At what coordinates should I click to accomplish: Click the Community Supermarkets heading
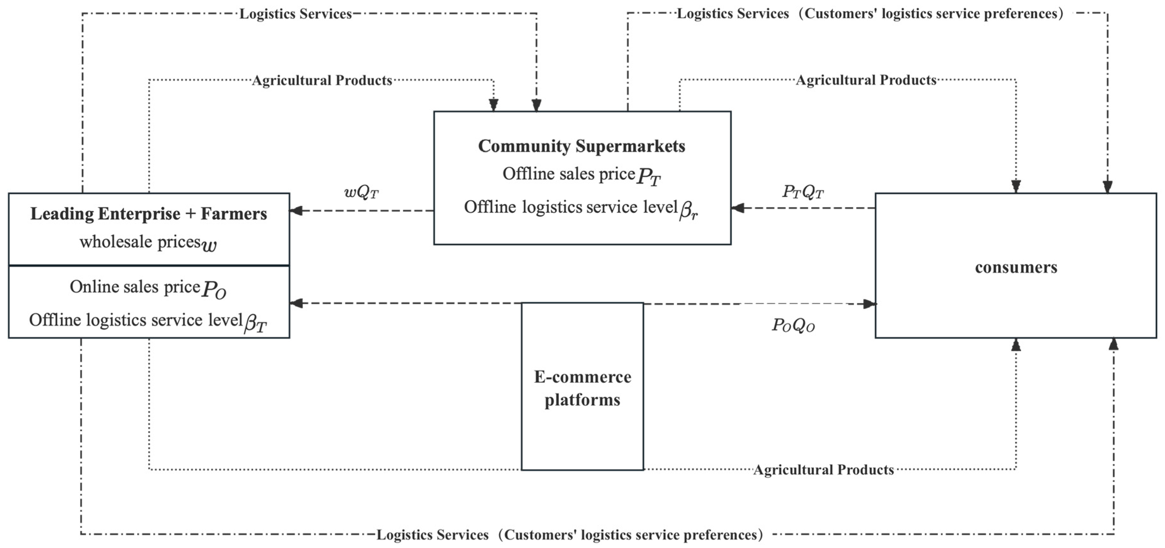[581, 146]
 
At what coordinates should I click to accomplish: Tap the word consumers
[1016, 267]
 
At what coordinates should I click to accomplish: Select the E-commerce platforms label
[582, 388]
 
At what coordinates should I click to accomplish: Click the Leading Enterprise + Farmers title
[148, 213]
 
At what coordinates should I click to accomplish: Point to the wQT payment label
[361, 193]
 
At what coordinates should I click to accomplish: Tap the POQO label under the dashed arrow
[793, 325]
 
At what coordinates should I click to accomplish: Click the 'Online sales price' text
[135, 287]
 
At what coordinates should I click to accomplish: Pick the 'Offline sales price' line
[569, 174]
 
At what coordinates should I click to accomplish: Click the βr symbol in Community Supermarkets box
[688, 211]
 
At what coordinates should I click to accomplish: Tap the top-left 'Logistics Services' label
[295, 14]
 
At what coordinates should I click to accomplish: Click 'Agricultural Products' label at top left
[322, 80]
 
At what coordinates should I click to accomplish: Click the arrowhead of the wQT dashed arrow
[296, 211]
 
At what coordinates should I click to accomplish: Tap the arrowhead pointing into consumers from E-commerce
[869, 304]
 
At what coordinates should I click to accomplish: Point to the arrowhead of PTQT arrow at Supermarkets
[738, 208]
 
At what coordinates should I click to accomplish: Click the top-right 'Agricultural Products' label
[866, 80]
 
